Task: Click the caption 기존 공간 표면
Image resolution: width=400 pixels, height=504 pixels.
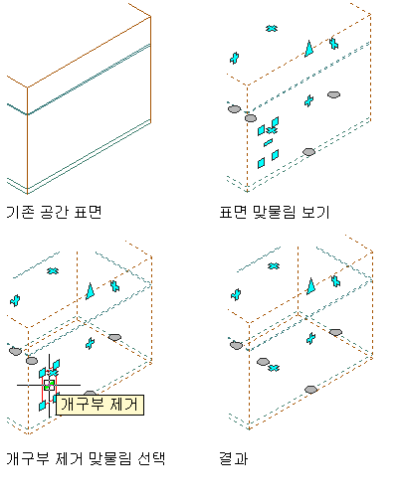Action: click(54, 212)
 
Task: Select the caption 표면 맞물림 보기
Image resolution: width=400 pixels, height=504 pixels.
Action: click(275, 212)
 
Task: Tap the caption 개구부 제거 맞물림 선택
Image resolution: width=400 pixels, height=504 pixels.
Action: click(86, 458)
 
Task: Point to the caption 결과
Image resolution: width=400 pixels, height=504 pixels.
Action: click(234, 459)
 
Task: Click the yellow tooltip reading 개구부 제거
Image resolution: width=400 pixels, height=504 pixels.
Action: click(100, 405)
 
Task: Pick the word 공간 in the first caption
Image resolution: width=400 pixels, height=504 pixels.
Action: click(54, 212)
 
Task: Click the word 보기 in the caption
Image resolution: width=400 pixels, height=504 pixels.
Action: click(315, 212)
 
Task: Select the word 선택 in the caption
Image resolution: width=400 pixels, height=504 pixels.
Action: click(151, 458)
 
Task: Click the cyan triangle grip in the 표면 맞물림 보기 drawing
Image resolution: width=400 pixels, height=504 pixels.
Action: click(309, 49)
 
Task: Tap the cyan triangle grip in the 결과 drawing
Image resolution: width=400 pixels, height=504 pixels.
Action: click(310, 286)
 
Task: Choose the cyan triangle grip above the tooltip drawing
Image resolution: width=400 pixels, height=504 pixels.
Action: click(90, 291)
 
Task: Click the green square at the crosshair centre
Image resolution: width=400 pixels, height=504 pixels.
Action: click(49, 385)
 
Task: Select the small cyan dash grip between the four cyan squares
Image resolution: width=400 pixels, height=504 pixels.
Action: click(268, 142)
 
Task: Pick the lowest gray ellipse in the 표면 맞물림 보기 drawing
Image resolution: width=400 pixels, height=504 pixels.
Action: click(308, 152)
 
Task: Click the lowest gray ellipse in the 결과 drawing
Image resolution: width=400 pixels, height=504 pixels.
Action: click(310, 390)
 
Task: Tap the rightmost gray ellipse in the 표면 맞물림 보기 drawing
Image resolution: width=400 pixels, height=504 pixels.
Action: click(333, 94)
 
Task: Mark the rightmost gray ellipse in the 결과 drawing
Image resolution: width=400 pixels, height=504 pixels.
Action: click(335, 332)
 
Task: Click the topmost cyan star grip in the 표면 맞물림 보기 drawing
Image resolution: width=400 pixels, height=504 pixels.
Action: click(272, 29)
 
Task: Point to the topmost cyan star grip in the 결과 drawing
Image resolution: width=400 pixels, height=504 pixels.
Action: click(274, 265)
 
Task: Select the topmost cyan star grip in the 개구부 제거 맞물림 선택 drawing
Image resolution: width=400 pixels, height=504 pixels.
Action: click(53, 271)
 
